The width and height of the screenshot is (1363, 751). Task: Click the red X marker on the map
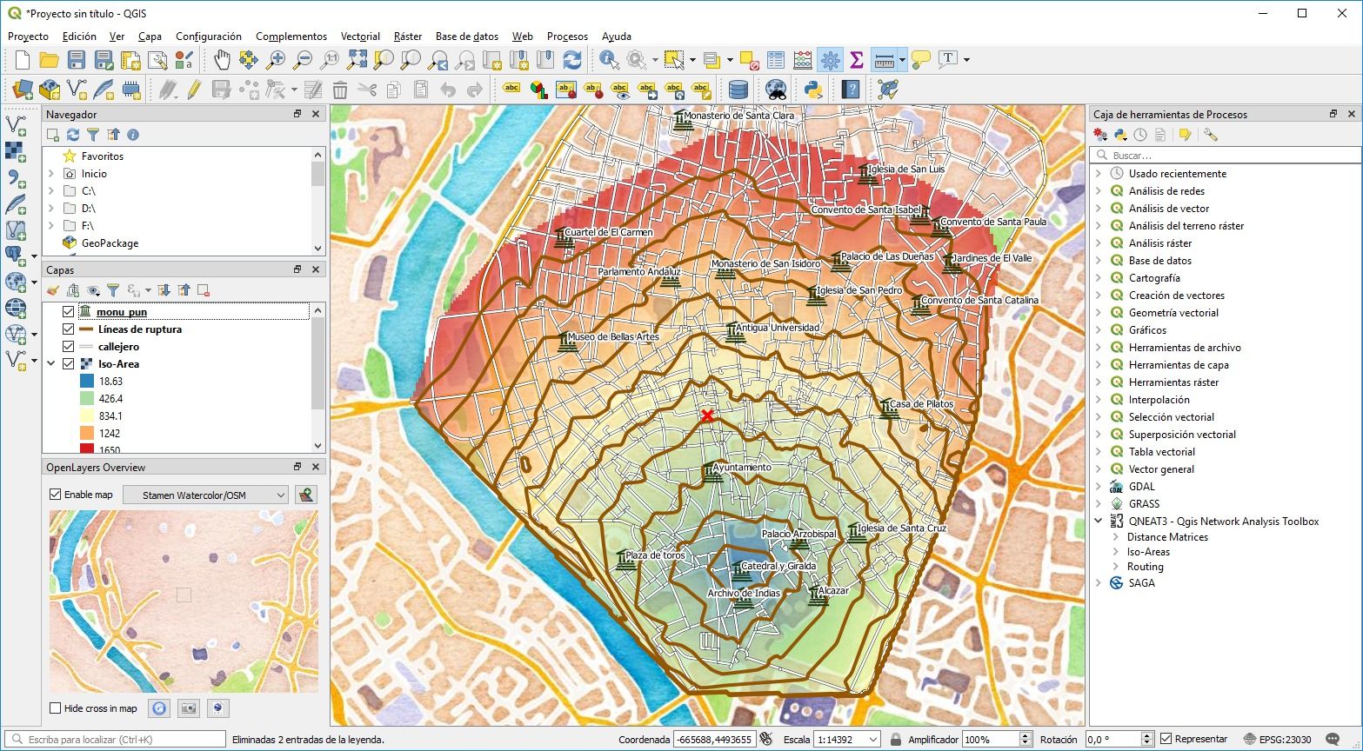coord(707,415)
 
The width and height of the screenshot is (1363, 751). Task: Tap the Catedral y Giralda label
coord(778,566)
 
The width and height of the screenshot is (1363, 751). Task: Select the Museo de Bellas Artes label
coord(613,337)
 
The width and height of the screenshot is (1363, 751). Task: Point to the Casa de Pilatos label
coord(921,404)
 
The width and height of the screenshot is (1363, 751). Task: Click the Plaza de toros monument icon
coord(624,561)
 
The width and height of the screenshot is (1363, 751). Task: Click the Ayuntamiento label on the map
coord(742,468)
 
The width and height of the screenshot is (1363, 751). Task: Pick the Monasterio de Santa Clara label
coord(738,115)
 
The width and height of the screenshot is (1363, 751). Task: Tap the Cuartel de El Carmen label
coord(608,233)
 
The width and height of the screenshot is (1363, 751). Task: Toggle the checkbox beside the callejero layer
coord(68,347)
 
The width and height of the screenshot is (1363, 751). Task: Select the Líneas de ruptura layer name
coord(139,329)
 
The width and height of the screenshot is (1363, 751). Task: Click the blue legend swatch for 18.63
coord(86,382)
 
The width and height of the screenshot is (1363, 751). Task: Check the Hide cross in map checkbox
coord(56,708)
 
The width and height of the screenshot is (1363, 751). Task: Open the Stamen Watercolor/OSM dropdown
coord(205,495)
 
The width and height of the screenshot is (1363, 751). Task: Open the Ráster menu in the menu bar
coord(407,37)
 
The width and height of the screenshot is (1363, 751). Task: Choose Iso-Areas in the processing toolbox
coord(1148,552)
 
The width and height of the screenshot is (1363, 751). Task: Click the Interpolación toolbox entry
coord(1159,400)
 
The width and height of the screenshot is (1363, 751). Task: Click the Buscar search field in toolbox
coord(1226,156)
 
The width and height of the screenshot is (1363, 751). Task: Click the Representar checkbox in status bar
coord(1166,740)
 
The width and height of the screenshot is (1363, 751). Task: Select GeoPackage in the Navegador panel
coord(110,243)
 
